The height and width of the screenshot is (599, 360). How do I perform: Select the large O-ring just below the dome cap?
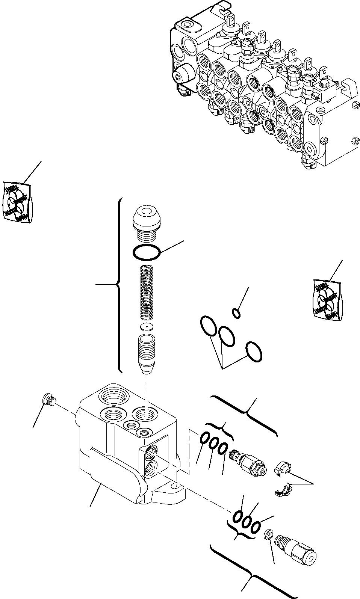click(147, 252)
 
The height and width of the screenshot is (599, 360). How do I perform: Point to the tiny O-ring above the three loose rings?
click(236, 312)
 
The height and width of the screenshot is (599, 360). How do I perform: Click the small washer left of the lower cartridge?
click(269, 535)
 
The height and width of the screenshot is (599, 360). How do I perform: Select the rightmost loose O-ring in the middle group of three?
click(254, 352)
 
